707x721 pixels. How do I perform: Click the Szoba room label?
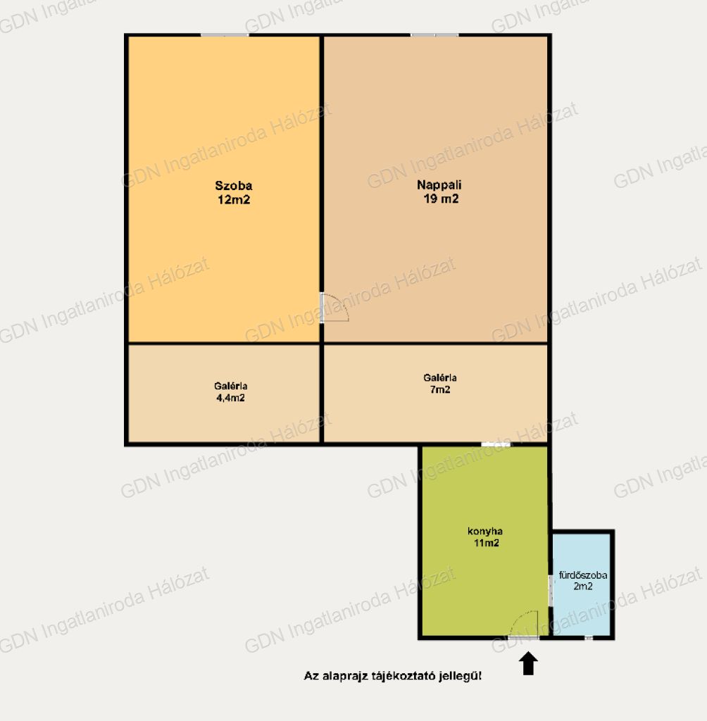pyautogui.click(x=234, y=186)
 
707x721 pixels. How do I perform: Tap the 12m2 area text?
pyautogui.click(x=234, y=199)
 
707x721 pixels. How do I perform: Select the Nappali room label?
pyautogui.click(x=439, y=185)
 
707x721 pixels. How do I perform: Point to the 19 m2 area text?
pyautogui.click(x=441, y=199)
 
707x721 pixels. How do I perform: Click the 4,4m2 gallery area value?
pyautogui.click(x=230, y=398)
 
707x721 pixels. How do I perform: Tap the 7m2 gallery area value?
pyautogui.click(x=440, y=389)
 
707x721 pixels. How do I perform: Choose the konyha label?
pyautogui.click(x=484, y=531)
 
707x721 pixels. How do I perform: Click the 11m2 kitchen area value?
pyautogui.click(x=486, y=543)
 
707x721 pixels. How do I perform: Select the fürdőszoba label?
pyautogui.click(x=583, y=575)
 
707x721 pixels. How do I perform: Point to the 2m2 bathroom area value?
pyautogui.click(x=583, y=586)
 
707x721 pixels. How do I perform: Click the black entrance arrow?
pyautogui.click(x=529, y=663)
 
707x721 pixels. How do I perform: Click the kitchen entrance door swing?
pyautogui.click(x=523, y=624)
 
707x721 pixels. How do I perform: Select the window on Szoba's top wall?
pyautogui.click(x=225, y=35)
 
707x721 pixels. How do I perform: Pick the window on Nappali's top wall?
pyautogui.click(x=434, y=35)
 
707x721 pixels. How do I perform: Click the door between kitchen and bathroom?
pyautogui.click(x=550, y=591)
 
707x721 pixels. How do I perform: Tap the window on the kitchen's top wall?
pyautogui.click(x=496, y=444)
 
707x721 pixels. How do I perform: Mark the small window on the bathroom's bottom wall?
pyautogui.click(x=589, y=638)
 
